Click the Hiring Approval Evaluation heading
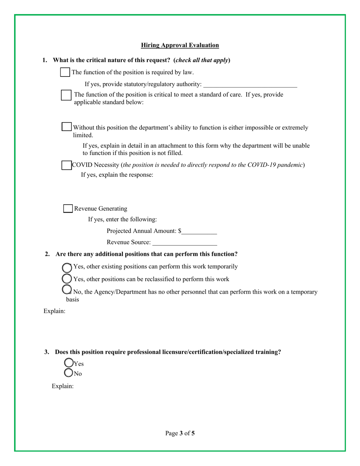pyautogui.click(x=180, y=45)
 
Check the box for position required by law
pyautogui.click(x=65, y=72)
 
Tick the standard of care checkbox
pyautogui.click(x=66, y=95)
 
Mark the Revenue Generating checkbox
pyautogui.click(x=68, y=208)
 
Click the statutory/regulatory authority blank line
pyautogui.click(x=250, y=84)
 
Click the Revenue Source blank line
pyautogui.click(x=185, y=243)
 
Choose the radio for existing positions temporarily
pyautogui.click(x=66, y=267)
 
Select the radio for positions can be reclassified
pyautogui.click(x=66, y=279)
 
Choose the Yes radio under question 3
pyautogui.click(x=69, y=363)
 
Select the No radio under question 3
pyautogui.click(x=69, y=373)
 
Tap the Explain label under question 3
pyautogui.click(x=63, y=387)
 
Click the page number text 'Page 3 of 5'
pyautogui.click(x=180, y=433)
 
